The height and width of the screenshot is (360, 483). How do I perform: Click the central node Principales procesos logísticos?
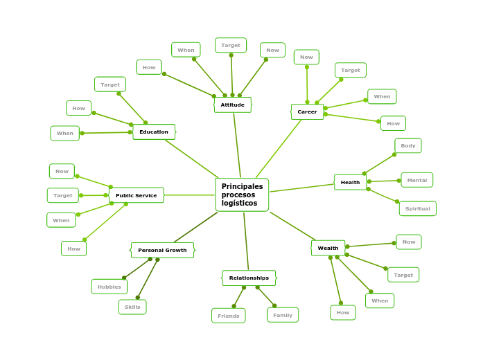pyautogui.click(x=242, y=195)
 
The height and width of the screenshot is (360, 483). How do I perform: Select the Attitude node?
pyautogui.click(x=232, y=105)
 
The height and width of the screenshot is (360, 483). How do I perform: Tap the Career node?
pyautogui.click(x=307, y=111)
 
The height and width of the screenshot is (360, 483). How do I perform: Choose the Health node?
pyautogui.click(x=350, y=182)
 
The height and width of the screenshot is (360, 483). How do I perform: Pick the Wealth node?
pyautogui.click(x=328, y=248)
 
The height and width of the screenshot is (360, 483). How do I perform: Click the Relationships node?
pyautogui.click(x=249, y=278)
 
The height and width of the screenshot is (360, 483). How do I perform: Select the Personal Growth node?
pyautogui.click(x=162, y=250)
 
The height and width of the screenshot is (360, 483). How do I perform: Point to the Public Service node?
pyautogui.click(x=136, y=195)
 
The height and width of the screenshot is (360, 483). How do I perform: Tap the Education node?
pyautogui.click(x=154, y=132)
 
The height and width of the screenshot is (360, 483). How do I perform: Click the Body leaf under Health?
pyautogui.click(x=408, y=145)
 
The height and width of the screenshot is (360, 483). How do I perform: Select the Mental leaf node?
pyautogui.click(x=416, y=180)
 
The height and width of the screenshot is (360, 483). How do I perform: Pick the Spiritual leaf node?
pyautogui.click(x=417, y=208)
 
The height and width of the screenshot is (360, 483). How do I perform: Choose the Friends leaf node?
pyautogui.click(x=228, y=316)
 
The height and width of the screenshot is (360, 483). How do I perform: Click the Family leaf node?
pyautogui.click(x=283, y=315)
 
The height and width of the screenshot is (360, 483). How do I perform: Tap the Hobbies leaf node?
pyautogui.click(x=109, y=287)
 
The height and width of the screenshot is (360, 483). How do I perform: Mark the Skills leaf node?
pyautogui.click(x=132, y=307)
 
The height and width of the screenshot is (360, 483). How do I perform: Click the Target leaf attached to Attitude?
pyautogui.click(x=231, y=45)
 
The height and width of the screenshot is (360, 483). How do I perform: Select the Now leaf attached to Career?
pyautogui.click(x=306, y=57)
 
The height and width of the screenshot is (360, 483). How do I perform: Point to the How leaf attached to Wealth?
pyautogui.click(x=343, y=312)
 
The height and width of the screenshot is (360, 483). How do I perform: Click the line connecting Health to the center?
pyautogui.click(x=301, y=188)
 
